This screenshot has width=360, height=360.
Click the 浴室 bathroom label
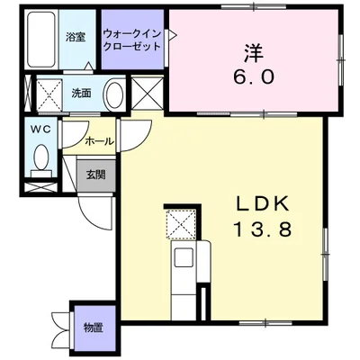tap(76, 37)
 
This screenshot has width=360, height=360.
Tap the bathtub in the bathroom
tap(41, 40)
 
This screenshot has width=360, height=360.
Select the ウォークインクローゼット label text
tap(132, 40)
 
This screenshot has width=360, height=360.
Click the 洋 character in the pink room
tap(254, 53)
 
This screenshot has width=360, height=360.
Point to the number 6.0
tap(254, 77)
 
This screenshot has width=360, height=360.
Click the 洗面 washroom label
tap(81, 94)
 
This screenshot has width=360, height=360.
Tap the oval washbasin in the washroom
tap(114, 95)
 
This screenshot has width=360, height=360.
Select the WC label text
tap(41, 129)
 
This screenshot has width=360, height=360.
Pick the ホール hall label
tap(100, 141)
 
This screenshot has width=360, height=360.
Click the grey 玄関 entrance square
tap(96, 175)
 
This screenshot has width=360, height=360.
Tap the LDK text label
tap(263, 204)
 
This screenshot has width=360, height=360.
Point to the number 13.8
tap(263, 229)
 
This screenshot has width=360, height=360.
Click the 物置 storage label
tap(94, 328)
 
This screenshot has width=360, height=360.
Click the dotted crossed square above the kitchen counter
tap(181, 224)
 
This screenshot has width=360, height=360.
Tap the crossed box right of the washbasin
tap(148, 93)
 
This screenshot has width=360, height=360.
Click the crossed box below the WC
tap(40, 187)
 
